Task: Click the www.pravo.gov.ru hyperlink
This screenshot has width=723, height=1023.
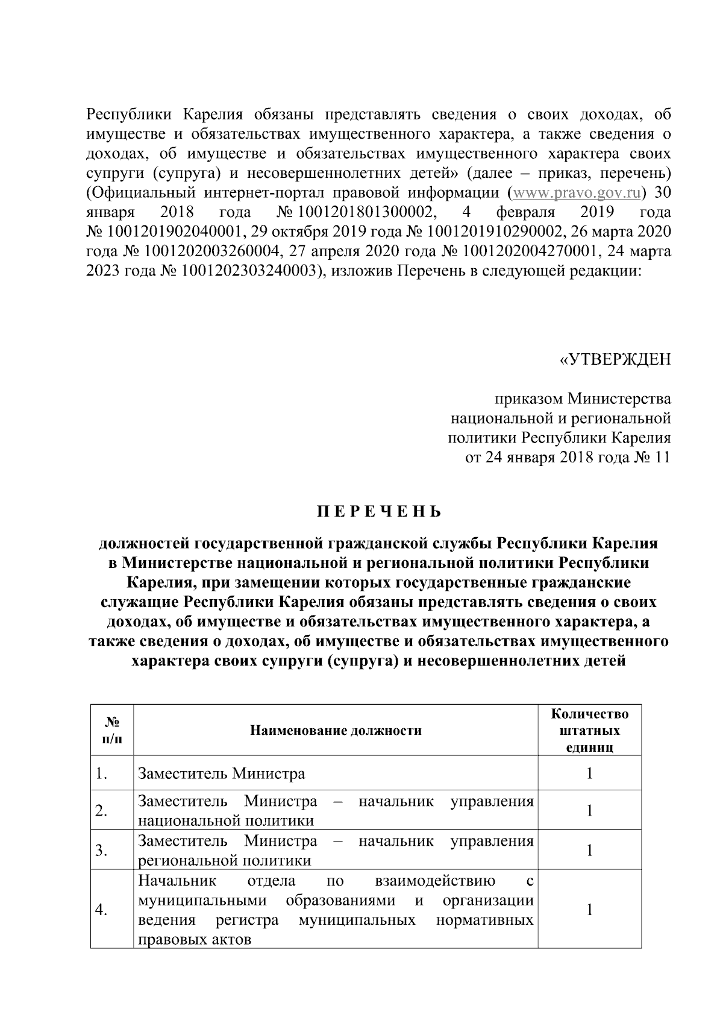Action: click(x=575, y=194)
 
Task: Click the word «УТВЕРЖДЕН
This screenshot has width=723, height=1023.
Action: click(x=615, y=360)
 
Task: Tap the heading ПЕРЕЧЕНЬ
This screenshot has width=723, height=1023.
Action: click(x=380, y=512)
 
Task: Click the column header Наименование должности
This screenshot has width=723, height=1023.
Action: click(x=336, y=731)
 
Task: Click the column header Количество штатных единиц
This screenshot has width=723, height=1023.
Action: click(x=589, y=731)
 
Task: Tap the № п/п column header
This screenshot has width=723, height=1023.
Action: click(x=111, y=731)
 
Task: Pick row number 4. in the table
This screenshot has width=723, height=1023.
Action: click(x=101, y=910)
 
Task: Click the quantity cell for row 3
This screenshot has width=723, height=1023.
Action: click(x=589, y=850)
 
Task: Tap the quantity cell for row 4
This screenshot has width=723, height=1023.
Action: click(x=589, y=910)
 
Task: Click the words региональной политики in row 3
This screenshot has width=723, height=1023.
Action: click(x=225, y=860)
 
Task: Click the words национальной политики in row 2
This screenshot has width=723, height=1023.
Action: click(x=226, y=820)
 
